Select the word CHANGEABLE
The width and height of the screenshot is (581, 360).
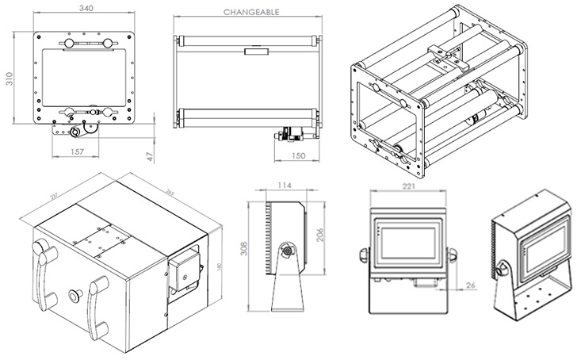point(250,13)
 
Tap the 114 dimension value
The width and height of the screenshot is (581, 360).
point(284,187)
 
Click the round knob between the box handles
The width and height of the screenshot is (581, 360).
point(75,294)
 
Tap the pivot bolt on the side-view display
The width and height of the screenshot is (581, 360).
point(286,253)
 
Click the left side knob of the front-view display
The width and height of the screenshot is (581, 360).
point(361,255)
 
